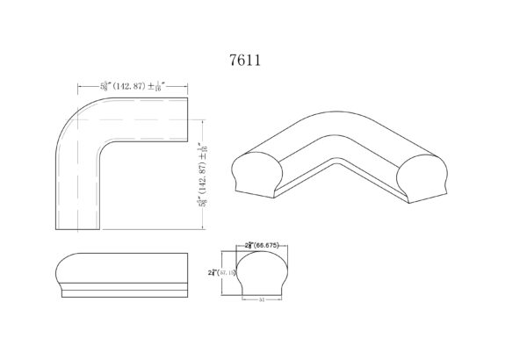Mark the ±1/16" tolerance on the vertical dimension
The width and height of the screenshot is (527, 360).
(x=203, y=148)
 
